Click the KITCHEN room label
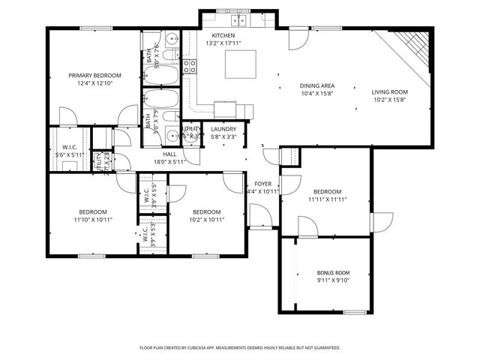coord(223,36)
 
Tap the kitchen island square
coord(240,64)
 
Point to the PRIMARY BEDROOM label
coord(94,75)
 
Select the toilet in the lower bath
coord(170,116)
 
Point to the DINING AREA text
coord(316,85)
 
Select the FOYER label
coord(262,183)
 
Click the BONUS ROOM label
coord(333,272)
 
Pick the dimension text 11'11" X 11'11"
coord(327,199)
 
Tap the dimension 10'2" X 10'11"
coord(205,220)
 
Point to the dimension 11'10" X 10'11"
coord(93,220)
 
